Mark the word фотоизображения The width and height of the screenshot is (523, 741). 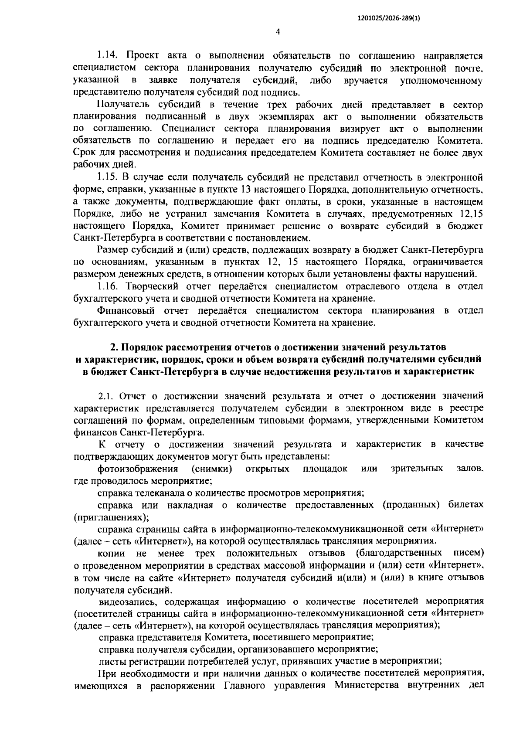(138, 469)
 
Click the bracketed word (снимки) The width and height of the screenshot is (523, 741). (211, 469)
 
